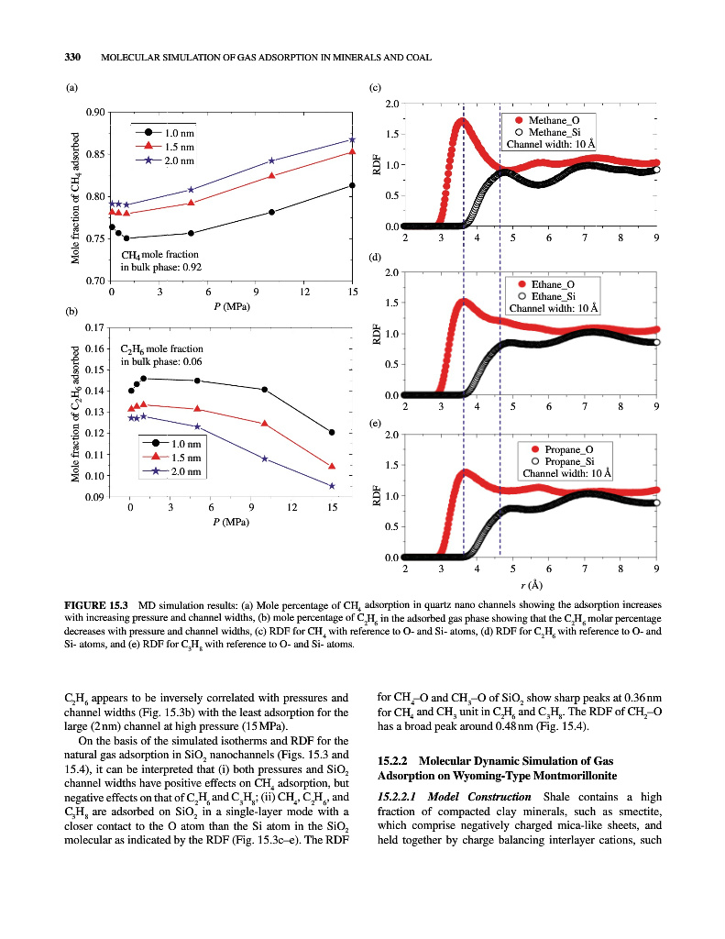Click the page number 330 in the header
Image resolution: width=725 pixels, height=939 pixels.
click(72, 58)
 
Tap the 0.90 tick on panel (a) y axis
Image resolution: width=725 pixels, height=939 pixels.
click(93, 112)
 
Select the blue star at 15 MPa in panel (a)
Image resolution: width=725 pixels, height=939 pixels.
click(353, 139)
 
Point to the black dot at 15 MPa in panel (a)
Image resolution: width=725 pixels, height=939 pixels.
click(353, 186)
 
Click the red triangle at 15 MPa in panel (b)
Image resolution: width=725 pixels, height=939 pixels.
click(332, 466)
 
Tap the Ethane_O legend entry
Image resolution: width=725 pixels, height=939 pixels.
click(553, 284)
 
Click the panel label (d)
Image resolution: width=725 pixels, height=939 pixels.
click(375, 257)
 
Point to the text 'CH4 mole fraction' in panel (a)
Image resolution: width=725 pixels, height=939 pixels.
click(159, 254)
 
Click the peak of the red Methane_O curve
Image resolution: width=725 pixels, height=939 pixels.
click(460, 121)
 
